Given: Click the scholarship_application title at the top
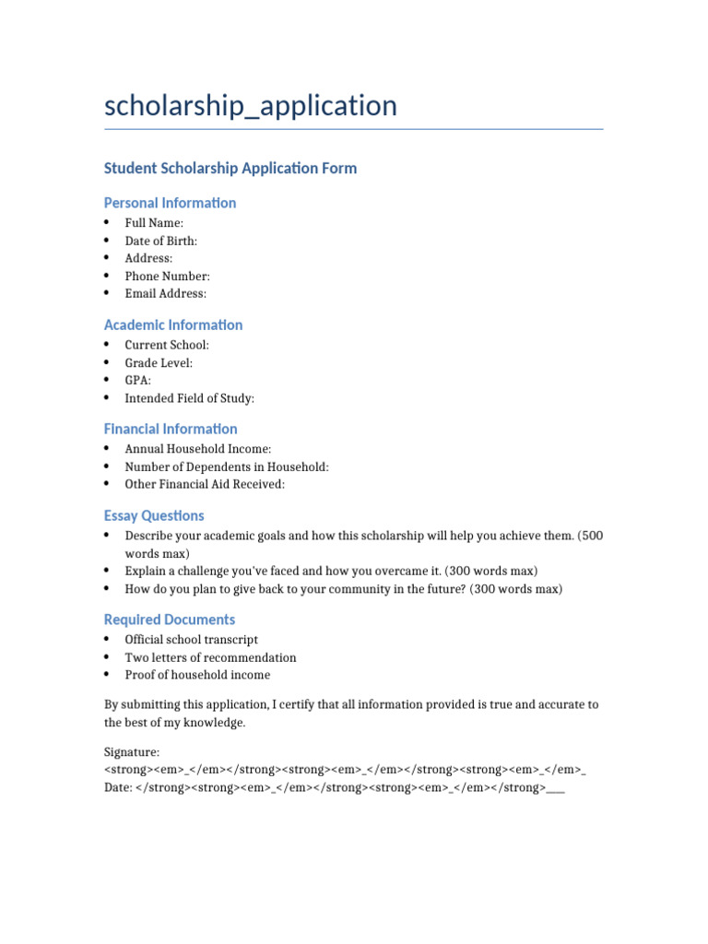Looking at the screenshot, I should pos(251,106).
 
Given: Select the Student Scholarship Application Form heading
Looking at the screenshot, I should pos(230,168).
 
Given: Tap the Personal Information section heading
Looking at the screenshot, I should pos(170,203).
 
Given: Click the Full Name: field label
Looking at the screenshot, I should pos(154,223).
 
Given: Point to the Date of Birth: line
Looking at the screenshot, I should pos(160,241).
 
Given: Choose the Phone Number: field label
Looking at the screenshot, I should pos(167,276).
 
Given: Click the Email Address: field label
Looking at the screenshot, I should pos(166,293).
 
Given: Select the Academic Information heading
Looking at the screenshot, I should pos(173,324).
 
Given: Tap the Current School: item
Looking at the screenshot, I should pos(167,345).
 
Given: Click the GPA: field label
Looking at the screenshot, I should pos(138,380).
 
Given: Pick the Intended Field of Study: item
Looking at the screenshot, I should pos(189,398).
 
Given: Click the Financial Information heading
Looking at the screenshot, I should pos(171,429).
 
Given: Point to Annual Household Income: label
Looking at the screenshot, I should pos(198,449).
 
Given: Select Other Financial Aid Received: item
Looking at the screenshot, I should pos(205,484).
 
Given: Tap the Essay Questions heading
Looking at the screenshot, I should pos(154,515).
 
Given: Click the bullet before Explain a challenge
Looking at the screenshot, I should pos(107,571).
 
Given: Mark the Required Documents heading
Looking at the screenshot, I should pos(169,619).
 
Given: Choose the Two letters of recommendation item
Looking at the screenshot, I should pos(210,657).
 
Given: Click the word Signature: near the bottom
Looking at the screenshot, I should pos(132,752).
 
